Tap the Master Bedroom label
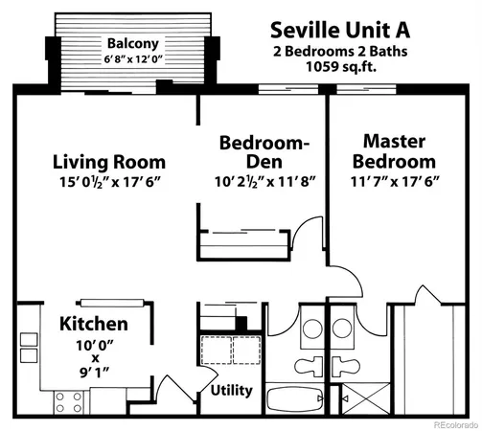[399, 150]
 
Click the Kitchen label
[94, 324]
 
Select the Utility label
[231, 390]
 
